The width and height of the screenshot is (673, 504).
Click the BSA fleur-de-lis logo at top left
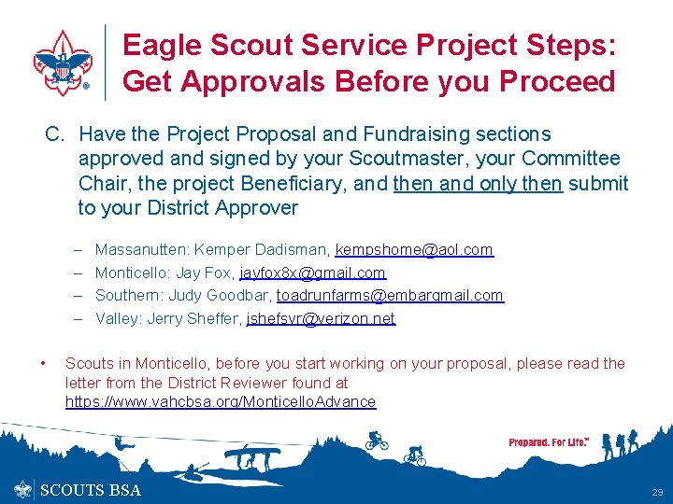click(x=62, y=63)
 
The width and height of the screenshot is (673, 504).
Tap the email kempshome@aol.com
click(x=414, y=250)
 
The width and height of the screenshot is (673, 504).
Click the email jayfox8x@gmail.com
click(x=312, y=273)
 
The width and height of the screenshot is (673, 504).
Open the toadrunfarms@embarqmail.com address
click(x=390, y=296)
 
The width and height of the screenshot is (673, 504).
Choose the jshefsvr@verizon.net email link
click(x=321, y=319)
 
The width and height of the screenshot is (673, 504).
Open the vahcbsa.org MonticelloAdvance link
click(x=221, y=402)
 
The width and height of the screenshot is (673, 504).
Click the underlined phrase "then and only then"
click(x=478, y=184)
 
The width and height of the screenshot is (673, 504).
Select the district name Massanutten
click(x=140, y=250)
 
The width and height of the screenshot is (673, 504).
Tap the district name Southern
click(x=126, y=296)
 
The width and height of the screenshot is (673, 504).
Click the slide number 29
click(x=656, y=492)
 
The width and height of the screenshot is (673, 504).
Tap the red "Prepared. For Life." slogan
click(x=549, y=442)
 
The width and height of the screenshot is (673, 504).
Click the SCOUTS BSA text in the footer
click(x=92, y=490)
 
